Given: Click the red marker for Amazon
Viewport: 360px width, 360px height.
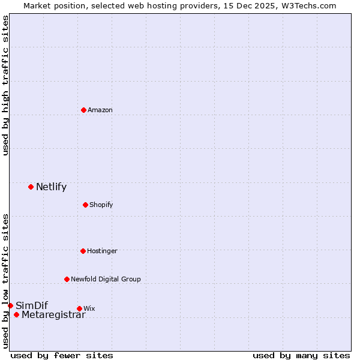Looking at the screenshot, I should coord(83,110).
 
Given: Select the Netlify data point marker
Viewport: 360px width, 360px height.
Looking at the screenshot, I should coord(31,187).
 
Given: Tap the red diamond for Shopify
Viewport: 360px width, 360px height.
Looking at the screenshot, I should coord(85,205).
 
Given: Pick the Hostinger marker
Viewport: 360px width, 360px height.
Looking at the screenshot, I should coord(83,251).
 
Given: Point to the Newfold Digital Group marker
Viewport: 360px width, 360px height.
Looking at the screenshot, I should coord(67,279).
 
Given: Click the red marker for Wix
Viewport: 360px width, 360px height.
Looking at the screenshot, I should coord(79,308).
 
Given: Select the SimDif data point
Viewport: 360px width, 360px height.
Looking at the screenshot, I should coord(10,305).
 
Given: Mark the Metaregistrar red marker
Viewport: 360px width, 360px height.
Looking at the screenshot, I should coord(16,315).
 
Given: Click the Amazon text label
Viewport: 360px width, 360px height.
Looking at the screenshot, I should coord(100,110).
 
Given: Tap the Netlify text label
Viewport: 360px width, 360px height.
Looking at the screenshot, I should coord(51,187).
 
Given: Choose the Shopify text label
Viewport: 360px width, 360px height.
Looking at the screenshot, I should coord(101,205).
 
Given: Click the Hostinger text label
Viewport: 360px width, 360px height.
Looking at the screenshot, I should coord(102,251).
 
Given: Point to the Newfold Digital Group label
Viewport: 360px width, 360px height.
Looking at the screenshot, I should coord(106,280).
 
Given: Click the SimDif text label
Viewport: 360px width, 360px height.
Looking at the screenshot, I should coord(32,306).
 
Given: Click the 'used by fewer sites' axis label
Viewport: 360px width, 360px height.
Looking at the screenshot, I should coord(62,355).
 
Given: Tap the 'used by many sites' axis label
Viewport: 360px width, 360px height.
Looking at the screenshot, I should coord(301,355).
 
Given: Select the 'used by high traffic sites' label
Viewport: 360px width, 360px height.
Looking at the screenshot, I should coord(6,85).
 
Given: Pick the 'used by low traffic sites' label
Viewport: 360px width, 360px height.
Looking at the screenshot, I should coord(6,280).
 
